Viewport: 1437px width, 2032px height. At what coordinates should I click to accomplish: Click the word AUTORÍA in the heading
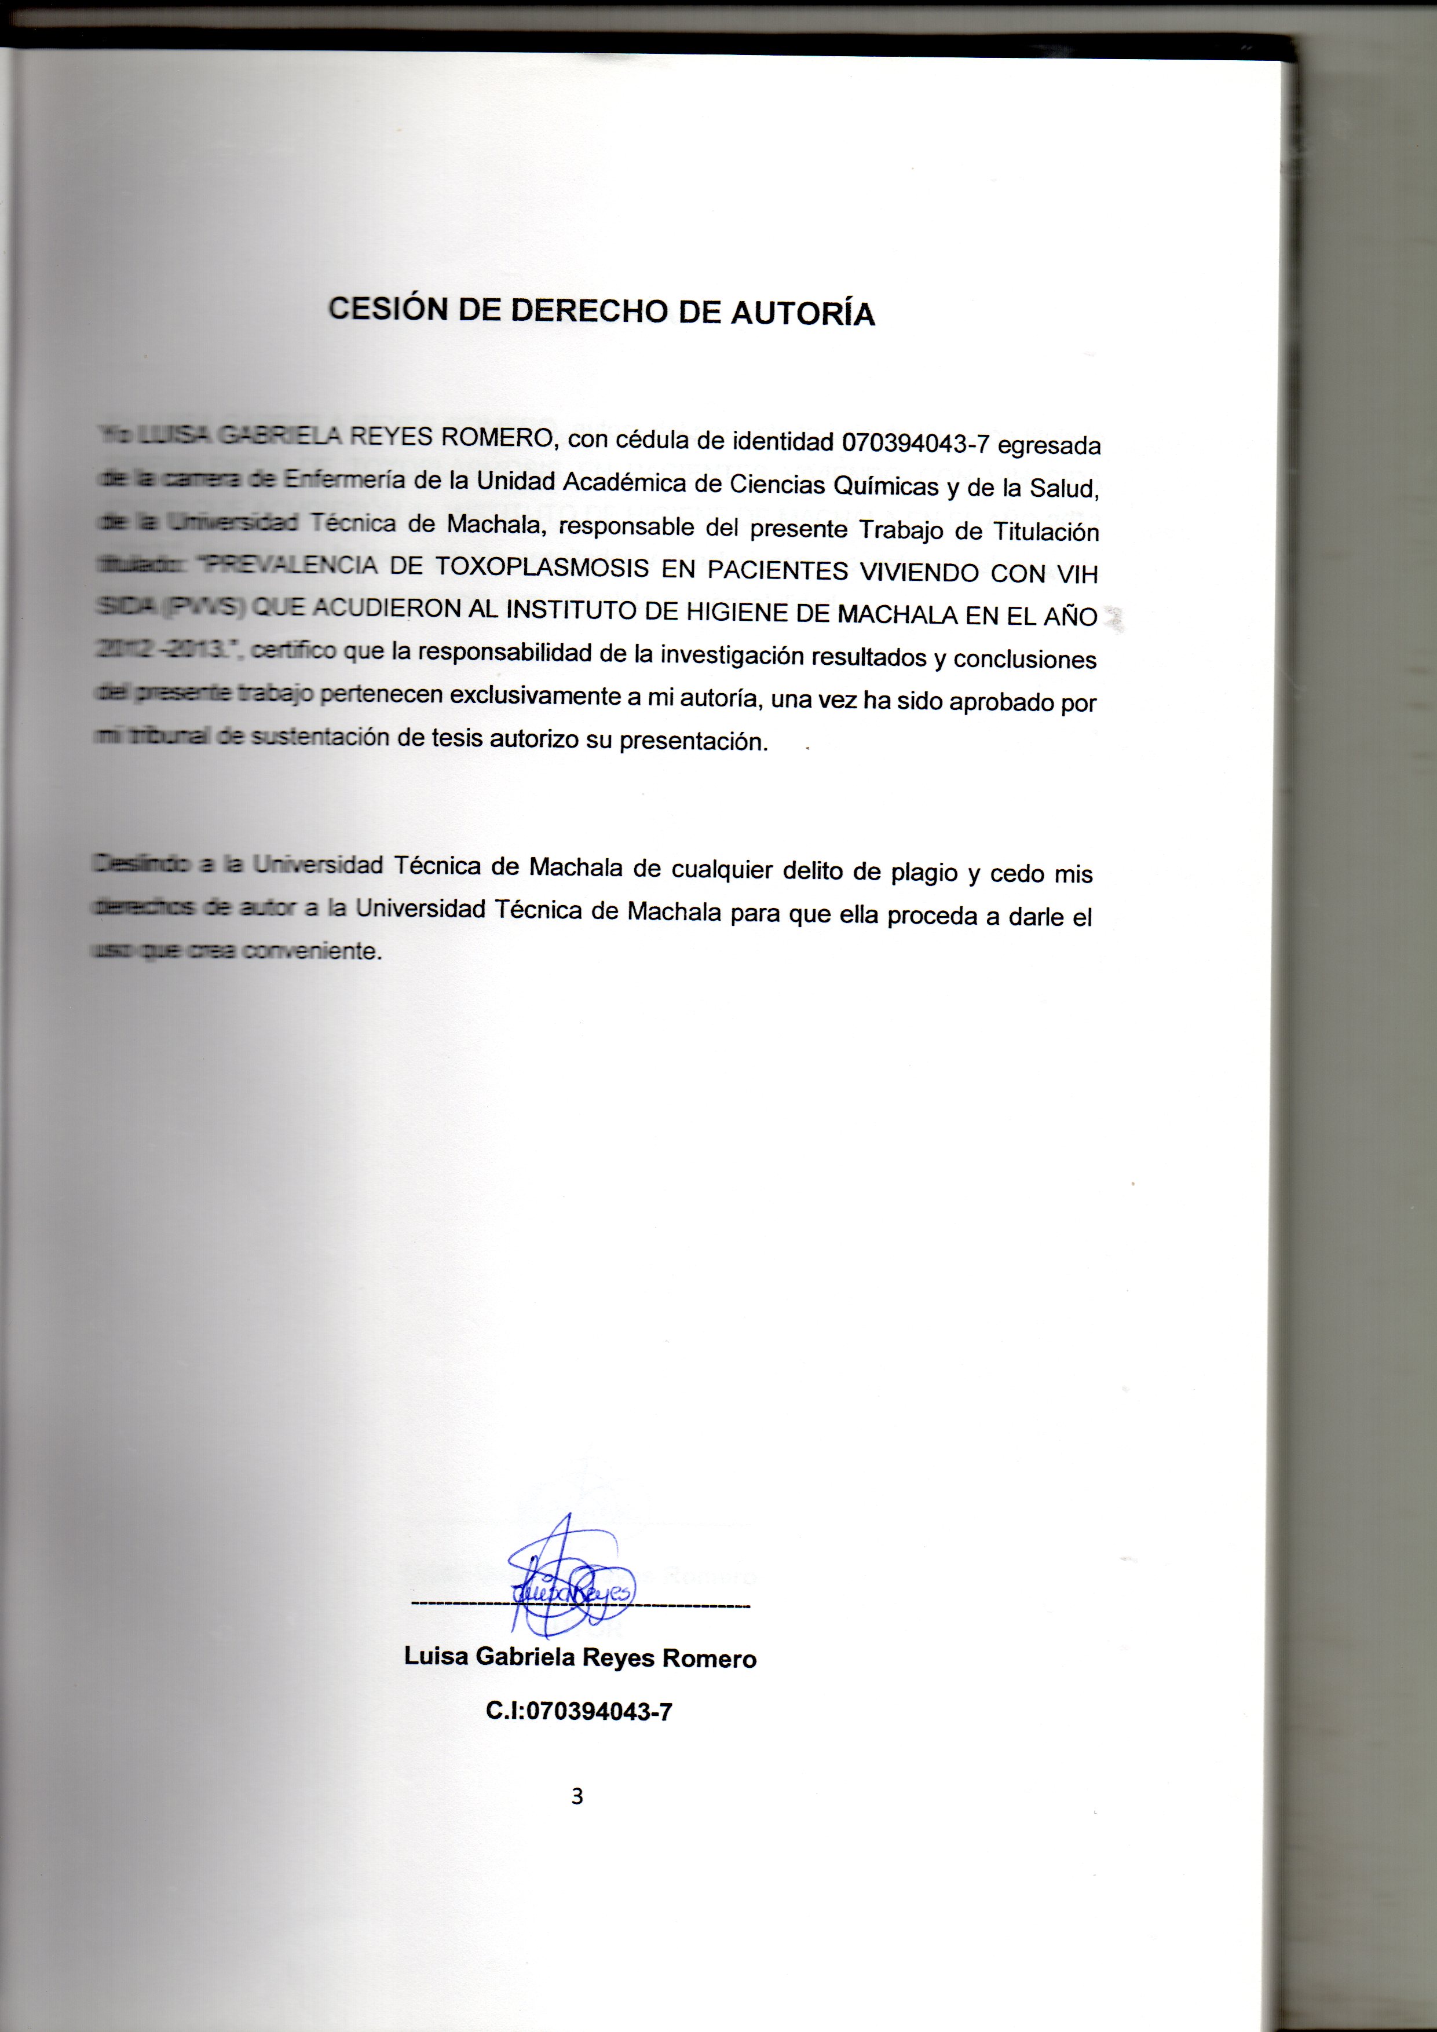pyautogui.click(x=802, y=314)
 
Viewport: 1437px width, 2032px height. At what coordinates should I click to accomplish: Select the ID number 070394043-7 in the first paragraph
pyautogui.click(x=915, y=442)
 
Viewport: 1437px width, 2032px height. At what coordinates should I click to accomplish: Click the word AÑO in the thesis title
pyautogui.click(x=1070, y=617)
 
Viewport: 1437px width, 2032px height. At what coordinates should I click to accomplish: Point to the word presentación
pyautogui.click(x=693, y=741)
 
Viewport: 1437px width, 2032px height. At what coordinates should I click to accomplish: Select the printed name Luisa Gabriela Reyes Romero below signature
pyautogui.click(x=580, y=1658)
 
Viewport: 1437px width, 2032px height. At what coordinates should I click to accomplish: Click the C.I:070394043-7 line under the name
pyautogui.click(x=579, y=1711)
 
